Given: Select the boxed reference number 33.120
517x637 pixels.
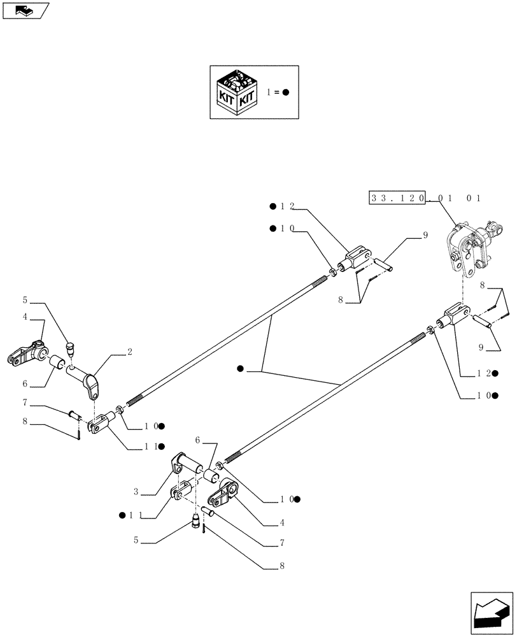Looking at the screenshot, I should [x=399, y=198].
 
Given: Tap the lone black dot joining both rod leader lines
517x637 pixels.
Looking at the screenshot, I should [x=239, y=369].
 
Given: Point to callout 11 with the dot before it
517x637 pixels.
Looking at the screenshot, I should [x=128, y=513].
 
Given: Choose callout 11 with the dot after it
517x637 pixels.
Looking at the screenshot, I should [x=152, y=447].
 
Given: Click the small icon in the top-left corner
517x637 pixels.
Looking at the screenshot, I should [x=25, y=10].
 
